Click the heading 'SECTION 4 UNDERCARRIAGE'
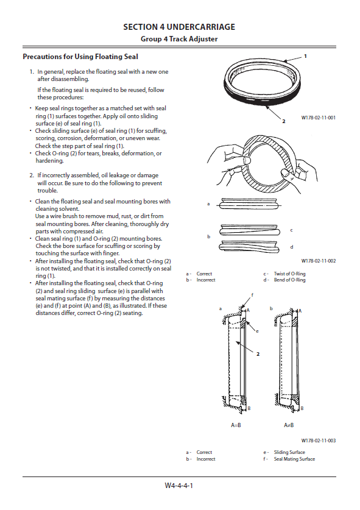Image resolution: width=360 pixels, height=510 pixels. tap(179, 27)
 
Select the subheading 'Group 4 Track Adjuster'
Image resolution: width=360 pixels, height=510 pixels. tap(179, 39)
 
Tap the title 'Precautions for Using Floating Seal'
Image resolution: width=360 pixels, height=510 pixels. tap(80, 57)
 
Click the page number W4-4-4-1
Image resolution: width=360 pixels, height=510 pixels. tap(179, 486)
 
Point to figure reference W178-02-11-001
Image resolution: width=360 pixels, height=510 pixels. tap(319, 118)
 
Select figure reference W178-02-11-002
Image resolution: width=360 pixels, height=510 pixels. tap(319, 261)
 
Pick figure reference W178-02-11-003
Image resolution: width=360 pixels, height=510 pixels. tap(319, 441)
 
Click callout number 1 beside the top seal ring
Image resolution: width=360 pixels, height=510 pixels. tap(305, 56)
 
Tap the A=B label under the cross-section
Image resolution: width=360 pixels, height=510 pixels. tap(236, 425)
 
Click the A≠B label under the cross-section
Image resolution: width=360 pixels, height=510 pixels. tap(289, 425)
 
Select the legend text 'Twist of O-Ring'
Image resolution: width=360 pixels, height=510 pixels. tap(289, 274)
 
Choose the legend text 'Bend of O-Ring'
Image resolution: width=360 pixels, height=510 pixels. tap(289, 280)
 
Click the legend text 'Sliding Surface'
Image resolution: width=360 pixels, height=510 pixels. tap(289, 452)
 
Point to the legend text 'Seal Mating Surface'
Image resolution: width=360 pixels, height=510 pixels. tap(294, 459)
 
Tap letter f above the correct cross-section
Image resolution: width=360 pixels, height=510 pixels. tap(252, 295)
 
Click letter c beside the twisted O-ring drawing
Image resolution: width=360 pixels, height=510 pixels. tap(291, 230)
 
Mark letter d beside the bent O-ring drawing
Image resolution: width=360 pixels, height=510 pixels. tap(292, 247)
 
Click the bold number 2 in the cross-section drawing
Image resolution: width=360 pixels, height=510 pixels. tap(258, 354)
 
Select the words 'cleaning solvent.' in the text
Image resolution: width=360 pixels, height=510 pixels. tap(57, 209)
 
